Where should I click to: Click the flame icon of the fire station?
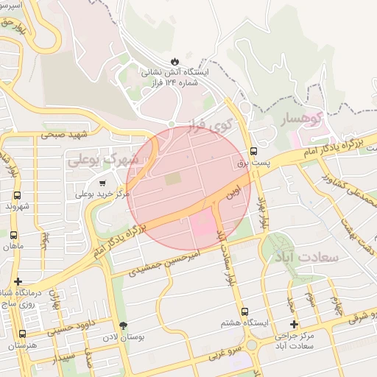[175, 60]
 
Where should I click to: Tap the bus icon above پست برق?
[254, 146]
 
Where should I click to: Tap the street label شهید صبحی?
[64, 135]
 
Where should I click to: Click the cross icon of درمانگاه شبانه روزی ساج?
[18, 281]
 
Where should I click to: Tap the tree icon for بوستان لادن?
[123, 325]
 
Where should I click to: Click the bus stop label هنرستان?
[18, 345]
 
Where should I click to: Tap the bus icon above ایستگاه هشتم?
[244, 311]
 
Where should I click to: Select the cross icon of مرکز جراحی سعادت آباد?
[294, 324]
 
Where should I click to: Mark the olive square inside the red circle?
[172, 179]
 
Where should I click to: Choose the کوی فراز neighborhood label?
[220, 124]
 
